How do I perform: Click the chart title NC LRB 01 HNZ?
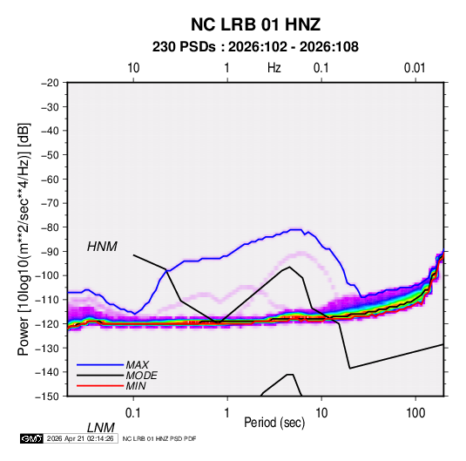tap(255, 24)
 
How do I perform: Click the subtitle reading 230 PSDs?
tap(184, 47)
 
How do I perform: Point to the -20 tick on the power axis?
tap(50, 83)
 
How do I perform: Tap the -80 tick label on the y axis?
tap(50, 227)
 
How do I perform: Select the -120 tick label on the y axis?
tap(47, 323)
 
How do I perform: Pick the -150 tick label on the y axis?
tap(47, 397)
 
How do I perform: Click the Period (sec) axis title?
tap(274, 423)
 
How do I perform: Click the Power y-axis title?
tap(24, 240)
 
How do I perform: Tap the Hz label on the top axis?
tap(274, 68)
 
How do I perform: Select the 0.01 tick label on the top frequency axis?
tap(415, 68)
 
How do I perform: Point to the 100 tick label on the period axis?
tap(415, 413)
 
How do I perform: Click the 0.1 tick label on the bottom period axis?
tap(133, 413)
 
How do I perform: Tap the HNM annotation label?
tap(102, 247)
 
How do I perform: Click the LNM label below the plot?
tap(101, 428)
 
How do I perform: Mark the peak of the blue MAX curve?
tap(295, 229)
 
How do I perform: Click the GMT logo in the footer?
tap(31, 438)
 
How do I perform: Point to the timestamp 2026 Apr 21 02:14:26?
tap(80, 438)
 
